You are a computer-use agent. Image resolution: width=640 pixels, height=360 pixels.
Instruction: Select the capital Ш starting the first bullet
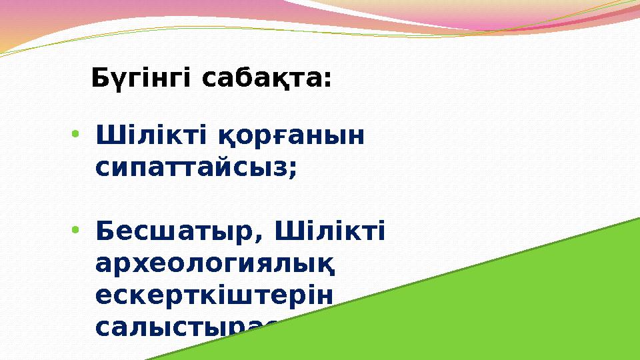[107, 136]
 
